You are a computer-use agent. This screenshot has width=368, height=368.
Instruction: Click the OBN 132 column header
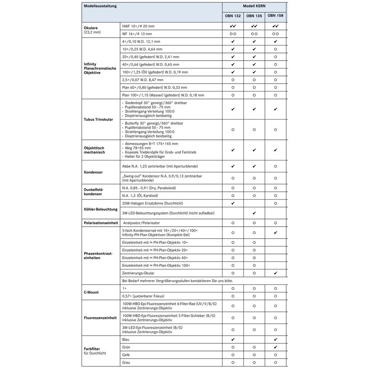[233, 16]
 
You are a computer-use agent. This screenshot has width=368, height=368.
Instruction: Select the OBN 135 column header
[254, 16]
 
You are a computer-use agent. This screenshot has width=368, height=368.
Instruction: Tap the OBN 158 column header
[275, 16]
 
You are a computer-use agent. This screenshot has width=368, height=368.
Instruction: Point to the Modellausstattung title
[100, 6]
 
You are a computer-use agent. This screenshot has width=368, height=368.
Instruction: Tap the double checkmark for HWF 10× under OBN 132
[233, 26]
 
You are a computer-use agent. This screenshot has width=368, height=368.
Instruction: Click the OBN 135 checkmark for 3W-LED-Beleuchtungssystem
[254, 213]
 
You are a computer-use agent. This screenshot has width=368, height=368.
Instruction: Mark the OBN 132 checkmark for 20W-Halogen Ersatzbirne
[233, 202]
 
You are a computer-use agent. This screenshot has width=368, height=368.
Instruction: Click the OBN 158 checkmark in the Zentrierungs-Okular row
[275, 273]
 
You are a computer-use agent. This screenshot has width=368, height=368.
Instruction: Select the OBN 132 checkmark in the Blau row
[233, 339]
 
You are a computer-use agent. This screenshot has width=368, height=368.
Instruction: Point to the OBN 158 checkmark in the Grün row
[275, 347]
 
